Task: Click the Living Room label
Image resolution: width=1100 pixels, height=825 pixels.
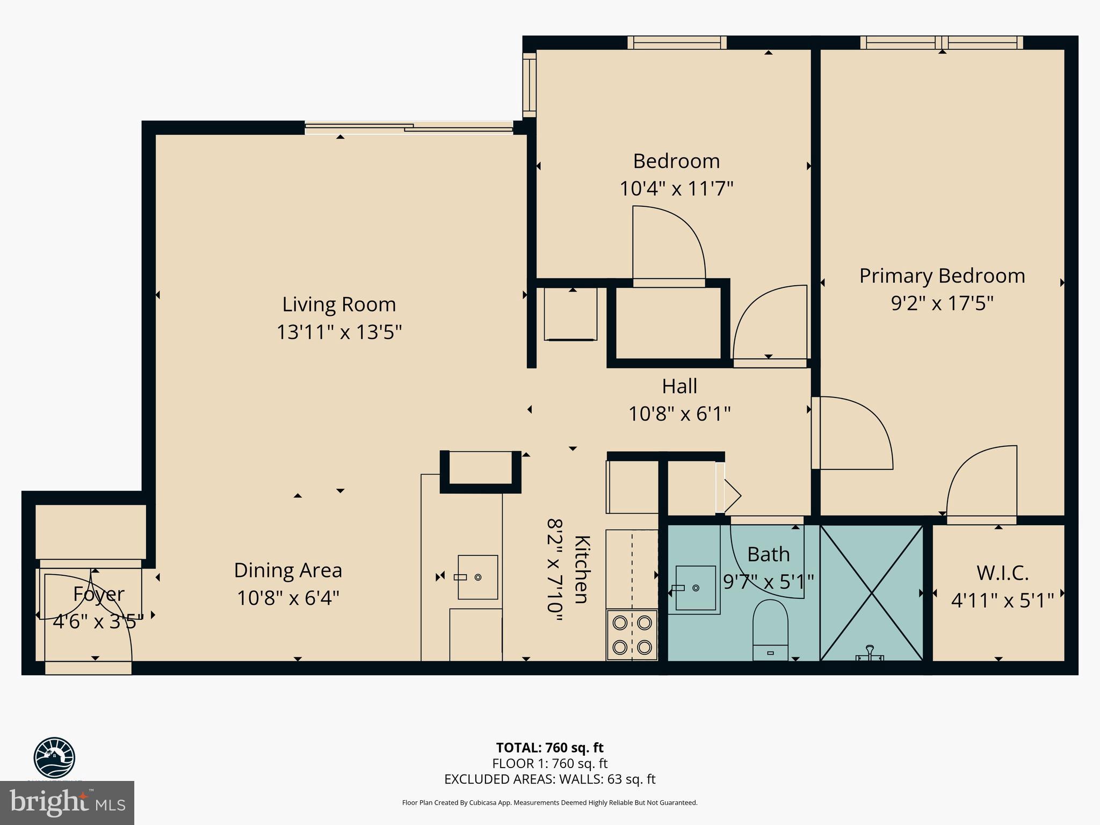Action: tap(339, 305)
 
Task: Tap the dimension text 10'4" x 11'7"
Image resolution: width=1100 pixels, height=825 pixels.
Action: tap(676, 189)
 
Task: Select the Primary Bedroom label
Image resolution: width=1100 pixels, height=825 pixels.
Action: tap(942, 276)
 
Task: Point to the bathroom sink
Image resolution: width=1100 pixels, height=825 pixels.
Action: tap(695, 588)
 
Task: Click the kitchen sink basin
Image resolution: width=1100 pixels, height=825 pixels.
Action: tap(477, 577)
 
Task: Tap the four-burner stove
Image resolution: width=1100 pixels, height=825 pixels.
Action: tap(632, 634)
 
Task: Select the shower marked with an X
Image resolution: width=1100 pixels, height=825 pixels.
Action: tap(871, 592)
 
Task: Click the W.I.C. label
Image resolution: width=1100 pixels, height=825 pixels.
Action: tap(1002, 573)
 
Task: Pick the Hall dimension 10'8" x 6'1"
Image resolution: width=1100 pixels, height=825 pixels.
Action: tap(679, 414)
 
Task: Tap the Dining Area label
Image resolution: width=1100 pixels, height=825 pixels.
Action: tap(288, 570)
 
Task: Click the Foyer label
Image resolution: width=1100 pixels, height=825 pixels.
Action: tap(98, 594)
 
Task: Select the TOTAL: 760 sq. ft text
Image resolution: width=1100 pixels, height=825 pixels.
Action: tap(549, 748)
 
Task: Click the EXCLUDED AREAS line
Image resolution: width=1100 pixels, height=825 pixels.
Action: tap(549, 779)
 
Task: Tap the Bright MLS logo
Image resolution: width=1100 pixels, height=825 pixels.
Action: tap(67, 803)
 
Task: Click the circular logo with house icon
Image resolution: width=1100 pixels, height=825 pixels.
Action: tap(54, 757)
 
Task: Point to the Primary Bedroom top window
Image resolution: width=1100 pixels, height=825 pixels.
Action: tap(941, 42)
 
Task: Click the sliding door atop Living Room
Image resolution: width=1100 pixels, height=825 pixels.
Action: tap(408, 128)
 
